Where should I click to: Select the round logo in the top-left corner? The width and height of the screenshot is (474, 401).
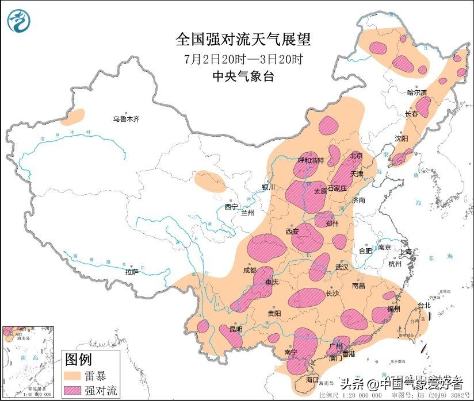point(20,21)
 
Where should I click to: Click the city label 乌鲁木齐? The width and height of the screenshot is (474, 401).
point(126,119)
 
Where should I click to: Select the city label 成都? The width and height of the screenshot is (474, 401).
point(249,269)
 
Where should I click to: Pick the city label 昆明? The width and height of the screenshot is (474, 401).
point(236,329)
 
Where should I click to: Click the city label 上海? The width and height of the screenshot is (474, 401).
point(406,251)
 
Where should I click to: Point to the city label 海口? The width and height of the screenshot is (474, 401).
point(312,380)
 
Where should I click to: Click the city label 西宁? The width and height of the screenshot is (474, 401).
point(231,206)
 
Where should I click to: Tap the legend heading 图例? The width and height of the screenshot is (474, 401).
point(78,360)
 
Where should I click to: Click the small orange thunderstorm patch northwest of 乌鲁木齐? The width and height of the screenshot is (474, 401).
point(73,117)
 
